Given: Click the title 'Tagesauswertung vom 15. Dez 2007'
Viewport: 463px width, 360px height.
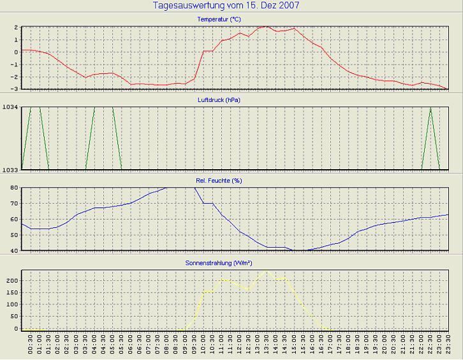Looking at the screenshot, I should (226, 6).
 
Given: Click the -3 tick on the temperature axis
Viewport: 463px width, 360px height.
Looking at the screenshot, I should (15, 88).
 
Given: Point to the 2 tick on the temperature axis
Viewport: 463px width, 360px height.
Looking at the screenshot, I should (15, 28).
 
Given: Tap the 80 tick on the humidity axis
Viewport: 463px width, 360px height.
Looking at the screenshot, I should (13, 188).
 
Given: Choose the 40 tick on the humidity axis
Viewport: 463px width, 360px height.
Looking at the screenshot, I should (13, 250).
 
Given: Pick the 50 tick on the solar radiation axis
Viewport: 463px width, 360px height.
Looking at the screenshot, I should (13, 317).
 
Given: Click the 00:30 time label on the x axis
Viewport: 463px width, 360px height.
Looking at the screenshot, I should (31, 348).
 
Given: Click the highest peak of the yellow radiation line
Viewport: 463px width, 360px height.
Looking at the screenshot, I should (267, 271).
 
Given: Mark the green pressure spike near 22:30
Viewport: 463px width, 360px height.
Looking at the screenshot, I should (431, 109).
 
